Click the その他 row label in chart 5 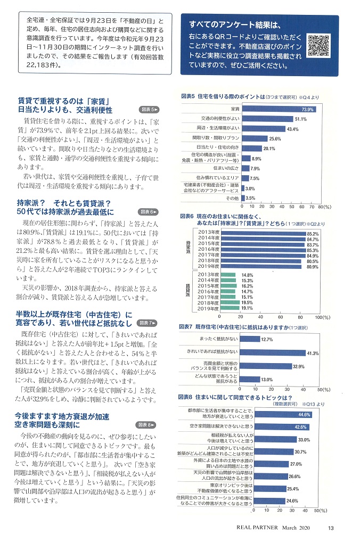(x=232, y=198)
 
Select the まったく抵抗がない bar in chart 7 (x=251, y=339)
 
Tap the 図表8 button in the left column (x=146, y=410)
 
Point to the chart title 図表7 (x=189, y=326)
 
